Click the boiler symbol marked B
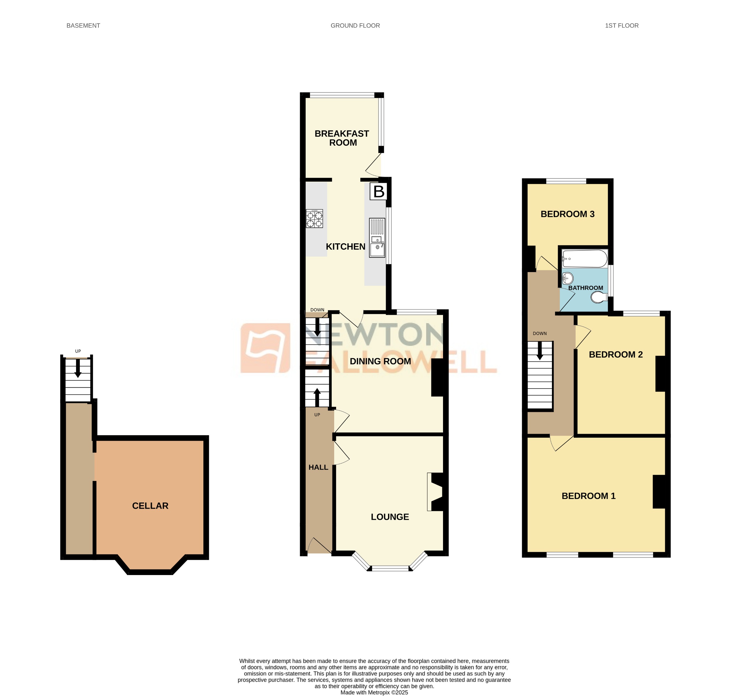pyautogui.click(x=379, y=191)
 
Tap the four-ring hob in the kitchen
pyautogui.click(x=314, y=218)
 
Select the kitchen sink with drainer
pyautogui.click(x=377, y=238)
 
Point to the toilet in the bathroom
pyautogui.click(x=598, y=297)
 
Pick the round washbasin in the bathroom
pyautogui.click(x=568, y=278)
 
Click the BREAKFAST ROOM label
pyautogui.click(x=342, y=138)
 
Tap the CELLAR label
pyautogui.click(x=150, y=506)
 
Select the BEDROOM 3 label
pyautogui.click(x=567, y=214)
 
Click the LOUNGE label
pyautogui.click(x=390, y=517)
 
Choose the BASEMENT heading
pyautogui.click(x=83, y=26)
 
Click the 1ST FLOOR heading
pyautogui.click(x=622, y=26)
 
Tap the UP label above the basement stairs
pyautogui.click(x=78, y=351)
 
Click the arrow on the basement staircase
pyautogui.click(x=78, y=368)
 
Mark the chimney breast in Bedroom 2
pyautogui.click(x=660, y=374)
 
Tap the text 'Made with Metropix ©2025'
pyautogui.click(x=374, y=692)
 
